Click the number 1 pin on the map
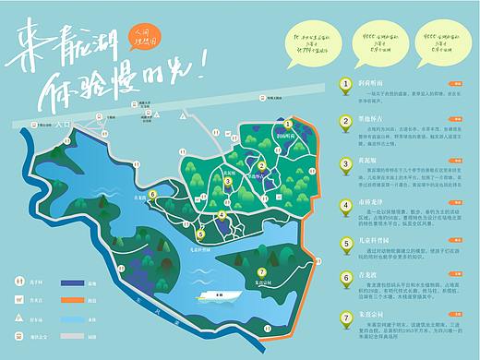tap(287, 124)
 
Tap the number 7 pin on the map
tap(261, 271)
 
